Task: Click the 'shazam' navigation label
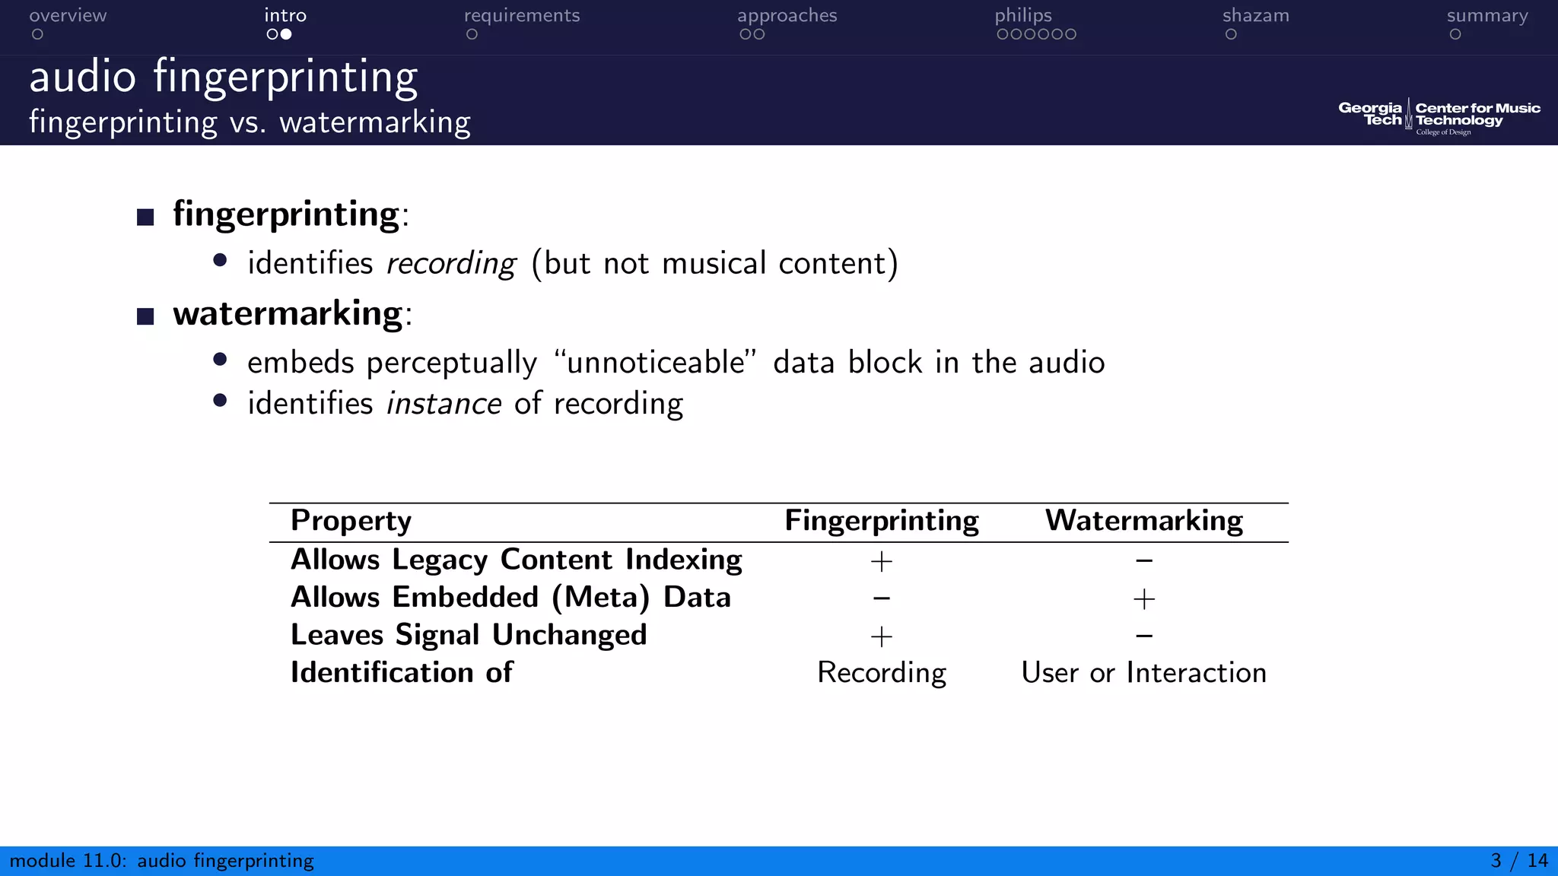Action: [x=1255, y=16]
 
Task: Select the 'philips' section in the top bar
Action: [x=1023, y=16]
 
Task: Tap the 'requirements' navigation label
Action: [x=522, y=16]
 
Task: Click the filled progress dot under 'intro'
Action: [x=286, y=34]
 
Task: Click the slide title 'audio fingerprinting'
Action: [x=224, y=78]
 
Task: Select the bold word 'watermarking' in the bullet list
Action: [x=288, y=313]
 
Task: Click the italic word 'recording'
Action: [x=451, y=264]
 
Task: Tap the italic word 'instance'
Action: [x=444, y=404]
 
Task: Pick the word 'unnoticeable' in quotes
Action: [x=655, y=363]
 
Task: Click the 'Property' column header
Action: [x=351, y=521]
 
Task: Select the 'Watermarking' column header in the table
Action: [x=1143, y=521]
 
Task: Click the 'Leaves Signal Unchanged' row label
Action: [x=469, y=635]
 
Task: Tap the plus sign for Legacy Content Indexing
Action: [x=881, y=561]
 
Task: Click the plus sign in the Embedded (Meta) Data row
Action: [x=1143, y=599]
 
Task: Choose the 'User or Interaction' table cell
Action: [x=1143, y=673]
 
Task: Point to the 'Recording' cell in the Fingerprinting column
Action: [x=881, y=673]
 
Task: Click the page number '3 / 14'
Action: [x=1518, y=861]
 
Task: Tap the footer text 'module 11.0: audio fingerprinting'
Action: [x=161, y=861]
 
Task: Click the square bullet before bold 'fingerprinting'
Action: [x=145, y=217]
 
